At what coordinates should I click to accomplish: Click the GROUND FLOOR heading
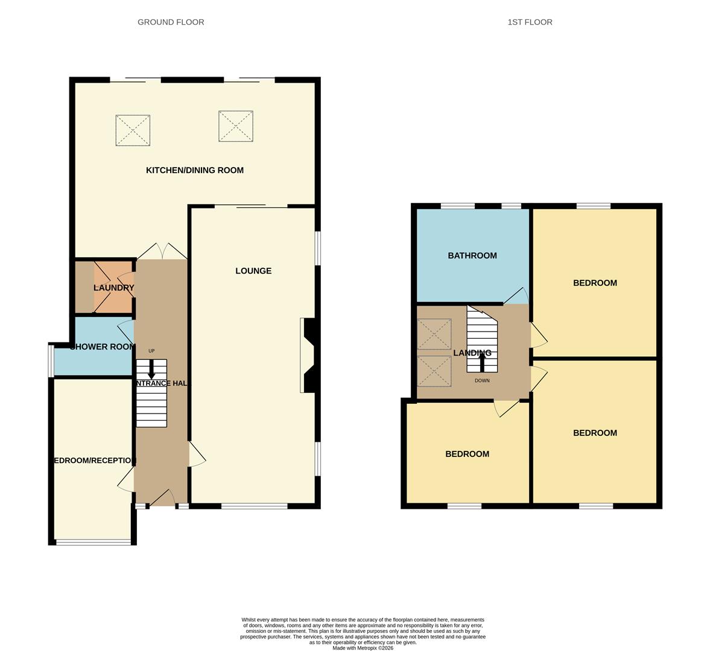tap(171, 22)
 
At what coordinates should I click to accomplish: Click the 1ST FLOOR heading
tap(530, 22)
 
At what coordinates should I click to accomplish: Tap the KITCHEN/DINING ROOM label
tap(195, 171)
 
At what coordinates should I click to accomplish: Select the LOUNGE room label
tap(253, 271)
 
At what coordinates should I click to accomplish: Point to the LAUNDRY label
tap(113, 288)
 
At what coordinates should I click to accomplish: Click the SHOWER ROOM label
tap(102, 347)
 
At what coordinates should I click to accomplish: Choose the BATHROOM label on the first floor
tap(472, 256)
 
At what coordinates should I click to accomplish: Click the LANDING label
tap(472, 353)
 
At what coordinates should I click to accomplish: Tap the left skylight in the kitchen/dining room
tap(133, 130)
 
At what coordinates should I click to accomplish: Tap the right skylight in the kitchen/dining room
tap(236, 126)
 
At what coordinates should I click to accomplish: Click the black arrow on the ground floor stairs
tap(151, 370)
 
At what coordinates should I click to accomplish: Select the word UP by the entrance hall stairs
tap(151, 351)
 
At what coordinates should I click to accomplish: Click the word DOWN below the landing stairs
tap(482, 381)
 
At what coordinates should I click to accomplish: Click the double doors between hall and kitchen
tap(161, 252)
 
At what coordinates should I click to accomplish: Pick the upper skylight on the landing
tap(434, 334)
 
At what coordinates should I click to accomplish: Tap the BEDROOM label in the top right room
tap(595, 283)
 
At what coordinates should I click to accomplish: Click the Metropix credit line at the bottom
tap(363, 648)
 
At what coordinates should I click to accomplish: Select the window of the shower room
tap(51, 360)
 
